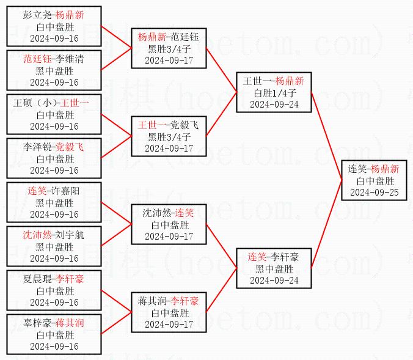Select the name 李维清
tap(70, 60)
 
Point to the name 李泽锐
tap(38, 147)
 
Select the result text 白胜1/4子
tap(275, 93)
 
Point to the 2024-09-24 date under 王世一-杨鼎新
tap(275, 104)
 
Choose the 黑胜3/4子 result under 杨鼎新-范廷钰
tap(169, 49)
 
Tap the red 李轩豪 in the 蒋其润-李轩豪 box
tap(185, 301)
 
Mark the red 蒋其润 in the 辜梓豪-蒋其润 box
tap(70, 323)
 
